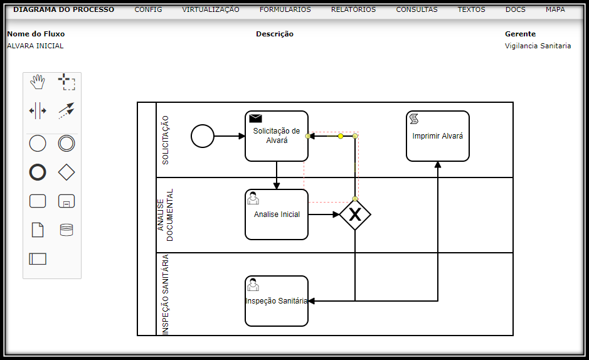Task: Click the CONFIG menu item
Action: tap(148, 10)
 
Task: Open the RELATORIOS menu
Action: tap(353, 10)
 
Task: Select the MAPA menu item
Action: tap(555, 10)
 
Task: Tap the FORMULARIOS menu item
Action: tap(285, 10)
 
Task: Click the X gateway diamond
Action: tap(355, 214)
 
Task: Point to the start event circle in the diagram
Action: tap(203, 135)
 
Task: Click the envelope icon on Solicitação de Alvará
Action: tap(255, 118)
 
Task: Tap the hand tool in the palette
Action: tap(38, 82)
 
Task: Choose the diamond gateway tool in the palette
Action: tap(66, 172)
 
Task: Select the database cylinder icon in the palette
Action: tap(66, 230)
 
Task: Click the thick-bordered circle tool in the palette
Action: tap(38, 172)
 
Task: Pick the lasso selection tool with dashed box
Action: tap(66, 82)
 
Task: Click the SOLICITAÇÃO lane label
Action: tap(166, 140)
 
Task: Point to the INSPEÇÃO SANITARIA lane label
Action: tap(166, 294)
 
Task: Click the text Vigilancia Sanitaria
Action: tap(538, 46)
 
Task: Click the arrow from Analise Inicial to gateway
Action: tap(324, 214)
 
